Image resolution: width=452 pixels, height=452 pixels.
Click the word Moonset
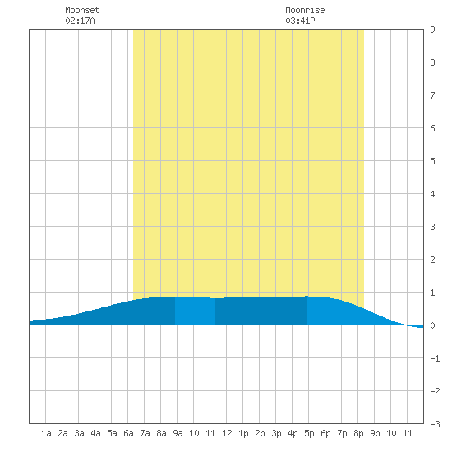pos(82,10)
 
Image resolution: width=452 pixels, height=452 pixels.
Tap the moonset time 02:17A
pos(80,21)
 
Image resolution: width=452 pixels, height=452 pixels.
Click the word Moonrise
pos(305,10)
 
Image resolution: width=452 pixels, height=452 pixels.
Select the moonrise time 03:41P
pos(300,21)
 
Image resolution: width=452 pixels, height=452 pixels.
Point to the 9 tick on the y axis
pos(432,30)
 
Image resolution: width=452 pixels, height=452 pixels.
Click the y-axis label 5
pos(432,161)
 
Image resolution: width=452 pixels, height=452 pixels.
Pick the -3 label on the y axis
pos(435,424)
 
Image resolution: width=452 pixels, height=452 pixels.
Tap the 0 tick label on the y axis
pos(432,325)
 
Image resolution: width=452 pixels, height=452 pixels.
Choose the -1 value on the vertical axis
pos(435,358)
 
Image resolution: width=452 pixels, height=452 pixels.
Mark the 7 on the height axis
pos(432,95)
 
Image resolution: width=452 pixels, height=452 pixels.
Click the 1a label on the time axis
pos(46,433)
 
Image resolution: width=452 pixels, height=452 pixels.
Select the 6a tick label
pos(128,433)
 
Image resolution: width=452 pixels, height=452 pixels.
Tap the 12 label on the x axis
pos(227,433)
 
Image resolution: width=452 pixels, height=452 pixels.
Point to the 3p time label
pos(276,433)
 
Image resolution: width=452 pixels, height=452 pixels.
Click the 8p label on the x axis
pos(358,433)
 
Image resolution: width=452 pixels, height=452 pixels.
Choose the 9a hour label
pos(178,433)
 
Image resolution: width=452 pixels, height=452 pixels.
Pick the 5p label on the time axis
pos(309,433)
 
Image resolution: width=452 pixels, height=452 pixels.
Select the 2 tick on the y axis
pos(432,260)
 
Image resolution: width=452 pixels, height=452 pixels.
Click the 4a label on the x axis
pos(95,433)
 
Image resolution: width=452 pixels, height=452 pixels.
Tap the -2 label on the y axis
pos(435,391)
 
